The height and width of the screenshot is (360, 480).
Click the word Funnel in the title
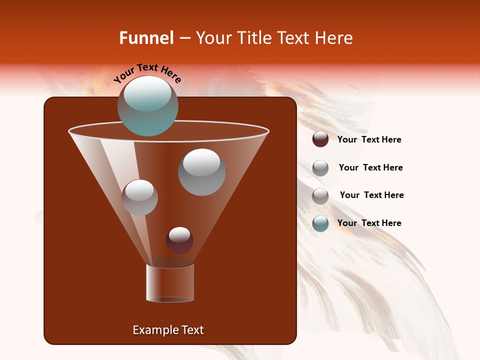[x=146, y=38]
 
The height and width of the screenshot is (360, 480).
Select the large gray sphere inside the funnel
[x=201, y=172]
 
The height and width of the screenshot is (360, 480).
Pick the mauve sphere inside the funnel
[x=139, y=197]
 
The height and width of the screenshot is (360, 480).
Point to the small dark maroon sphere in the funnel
[x=179, y=240]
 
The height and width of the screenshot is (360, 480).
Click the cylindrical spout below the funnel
[x=170, y=283]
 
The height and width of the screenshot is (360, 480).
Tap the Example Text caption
[x=168, y=330]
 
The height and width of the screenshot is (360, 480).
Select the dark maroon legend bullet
[x=320, y=139]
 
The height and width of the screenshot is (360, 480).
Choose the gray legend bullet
[x=320, y=168]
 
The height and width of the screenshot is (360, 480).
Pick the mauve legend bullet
[x=320, y=196]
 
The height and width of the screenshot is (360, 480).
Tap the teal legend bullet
[x=320, y=223]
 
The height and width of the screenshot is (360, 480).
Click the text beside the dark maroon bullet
[x=369, y=140]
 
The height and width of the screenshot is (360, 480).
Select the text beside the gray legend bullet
[x=370, y=168]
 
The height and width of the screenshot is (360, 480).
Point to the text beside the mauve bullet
[x=371, y=195]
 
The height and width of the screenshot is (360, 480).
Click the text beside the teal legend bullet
[x=369, y=223]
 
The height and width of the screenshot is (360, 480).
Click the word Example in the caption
[x=151, y=330]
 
